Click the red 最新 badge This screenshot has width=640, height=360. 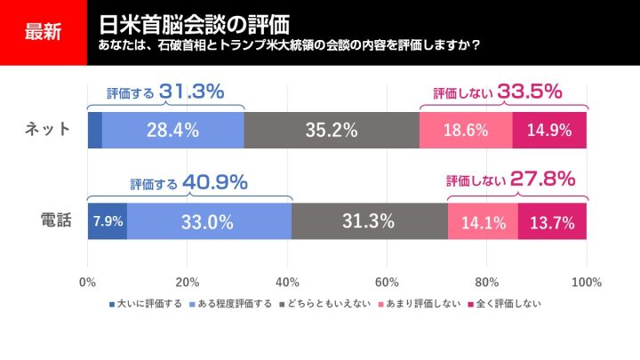point(43,32)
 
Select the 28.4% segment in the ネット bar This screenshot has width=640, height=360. point(172,131)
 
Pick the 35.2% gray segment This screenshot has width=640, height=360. point(331,131)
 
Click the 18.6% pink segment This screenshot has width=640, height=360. point(466,131)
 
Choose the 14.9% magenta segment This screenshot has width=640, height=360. point(549,131)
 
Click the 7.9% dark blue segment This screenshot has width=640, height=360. point(108,221)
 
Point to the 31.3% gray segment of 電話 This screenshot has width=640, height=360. point(369,221)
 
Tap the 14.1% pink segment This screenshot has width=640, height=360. point(483,221)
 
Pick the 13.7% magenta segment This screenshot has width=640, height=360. point(552,221)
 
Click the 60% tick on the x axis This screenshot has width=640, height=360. point(386,283)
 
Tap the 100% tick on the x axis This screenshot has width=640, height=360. point(586,283)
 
